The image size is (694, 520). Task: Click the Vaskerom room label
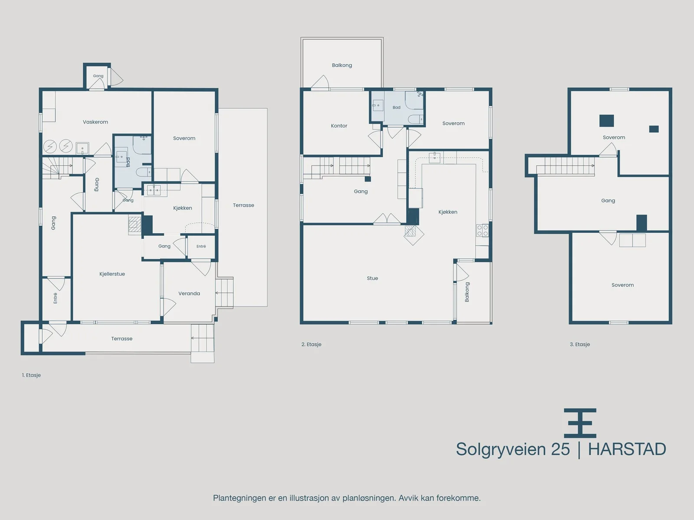click(x=95, y=122)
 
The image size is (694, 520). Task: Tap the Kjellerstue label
click(x=112, y=274)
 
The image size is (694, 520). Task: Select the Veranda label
click(x=189, y=293)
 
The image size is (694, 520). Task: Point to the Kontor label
click(x=339, y=126)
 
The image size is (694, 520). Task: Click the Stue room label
click(x=373, y=278)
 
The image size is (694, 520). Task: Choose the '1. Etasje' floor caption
click(x=31, y=375)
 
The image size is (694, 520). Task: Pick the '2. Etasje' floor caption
click(x=311, y=344)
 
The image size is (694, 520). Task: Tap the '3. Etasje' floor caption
click(x=580, y=344)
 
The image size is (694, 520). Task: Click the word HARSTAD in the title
click(x=627, y=449)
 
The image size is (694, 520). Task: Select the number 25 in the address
click(x=560, y=449)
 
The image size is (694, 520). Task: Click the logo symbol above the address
click(x=580, y=423)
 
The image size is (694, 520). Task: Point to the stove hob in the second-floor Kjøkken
click(x=482, y=231)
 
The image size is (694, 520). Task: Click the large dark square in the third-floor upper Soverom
click(x=607, y=120)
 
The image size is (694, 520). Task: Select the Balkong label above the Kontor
click(x=342, y=65)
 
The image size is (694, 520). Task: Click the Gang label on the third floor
click(x=608, y=201)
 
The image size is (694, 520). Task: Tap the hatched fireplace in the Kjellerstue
click(x=135, y=225)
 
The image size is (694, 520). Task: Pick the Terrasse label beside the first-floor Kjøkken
click(x=243, y=205)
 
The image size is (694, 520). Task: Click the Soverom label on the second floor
click(x=453, y=123)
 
